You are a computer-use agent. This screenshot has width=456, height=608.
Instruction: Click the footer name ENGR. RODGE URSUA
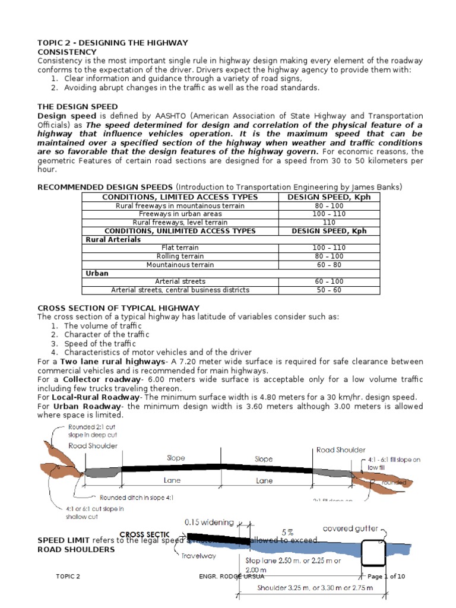227,577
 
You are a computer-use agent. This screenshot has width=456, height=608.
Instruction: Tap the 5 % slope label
287,531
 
